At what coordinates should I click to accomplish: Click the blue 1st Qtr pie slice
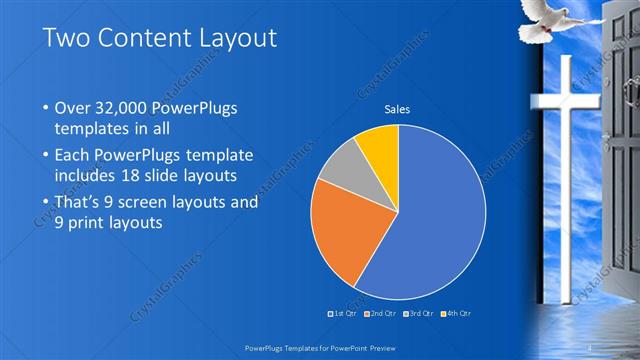[x=440, y=220]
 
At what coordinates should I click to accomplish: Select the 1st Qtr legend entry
[x=345, y=313]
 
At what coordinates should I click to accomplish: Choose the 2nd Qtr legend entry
[x=382, y=313]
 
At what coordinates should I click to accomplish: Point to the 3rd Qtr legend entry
[x=419, y=313]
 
